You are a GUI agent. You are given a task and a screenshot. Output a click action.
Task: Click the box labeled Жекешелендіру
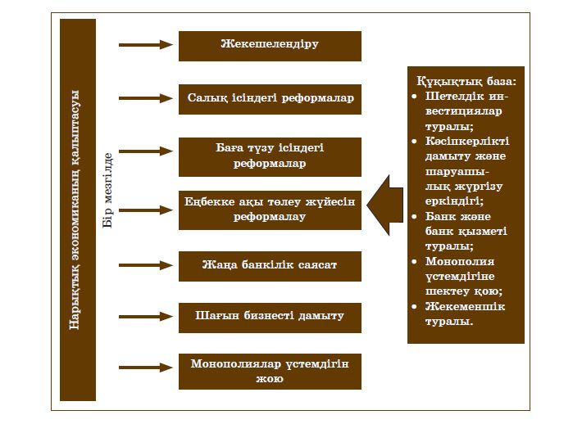point(270,46)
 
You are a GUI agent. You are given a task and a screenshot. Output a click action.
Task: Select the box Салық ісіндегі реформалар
point(270,99)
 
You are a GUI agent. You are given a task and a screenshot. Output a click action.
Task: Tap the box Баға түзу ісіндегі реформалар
point(270,156)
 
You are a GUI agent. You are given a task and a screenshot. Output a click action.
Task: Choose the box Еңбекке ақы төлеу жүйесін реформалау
point(270,210)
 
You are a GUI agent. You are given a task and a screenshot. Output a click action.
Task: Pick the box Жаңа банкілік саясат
point(270,266)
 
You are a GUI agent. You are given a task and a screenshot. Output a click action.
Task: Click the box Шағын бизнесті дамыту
point(270,317)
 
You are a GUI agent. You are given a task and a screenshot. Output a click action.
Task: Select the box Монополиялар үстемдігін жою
point(270,371)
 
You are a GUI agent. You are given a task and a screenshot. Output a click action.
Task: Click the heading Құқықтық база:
point(466,83)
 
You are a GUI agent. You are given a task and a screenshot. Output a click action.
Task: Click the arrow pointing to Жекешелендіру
point(145,45)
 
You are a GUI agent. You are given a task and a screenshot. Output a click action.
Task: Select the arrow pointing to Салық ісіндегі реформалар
point(145,98)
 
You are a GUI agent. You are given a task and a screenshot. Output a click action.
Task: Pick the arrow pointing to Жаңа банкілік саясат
point(145,265)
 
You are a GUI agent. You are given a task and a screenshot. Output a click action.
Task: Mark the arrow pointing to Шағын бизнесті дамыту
point(145,316)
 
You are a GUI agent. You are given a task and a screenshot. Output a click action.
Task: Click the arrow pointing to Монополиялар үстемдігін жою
point(145,370)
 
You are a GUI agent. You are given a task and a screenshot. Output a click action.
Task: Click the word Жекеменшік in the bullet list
point(466,306)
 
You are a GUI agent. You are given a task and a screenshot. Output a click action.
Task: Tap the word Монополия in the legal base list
point(460,262)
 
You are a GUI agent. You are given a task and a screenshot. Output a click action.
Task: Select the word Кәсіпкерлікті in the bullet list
point(466,142)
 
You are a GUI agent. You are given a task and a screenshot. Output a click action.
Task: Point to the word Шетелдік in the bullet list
point(454,97)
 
